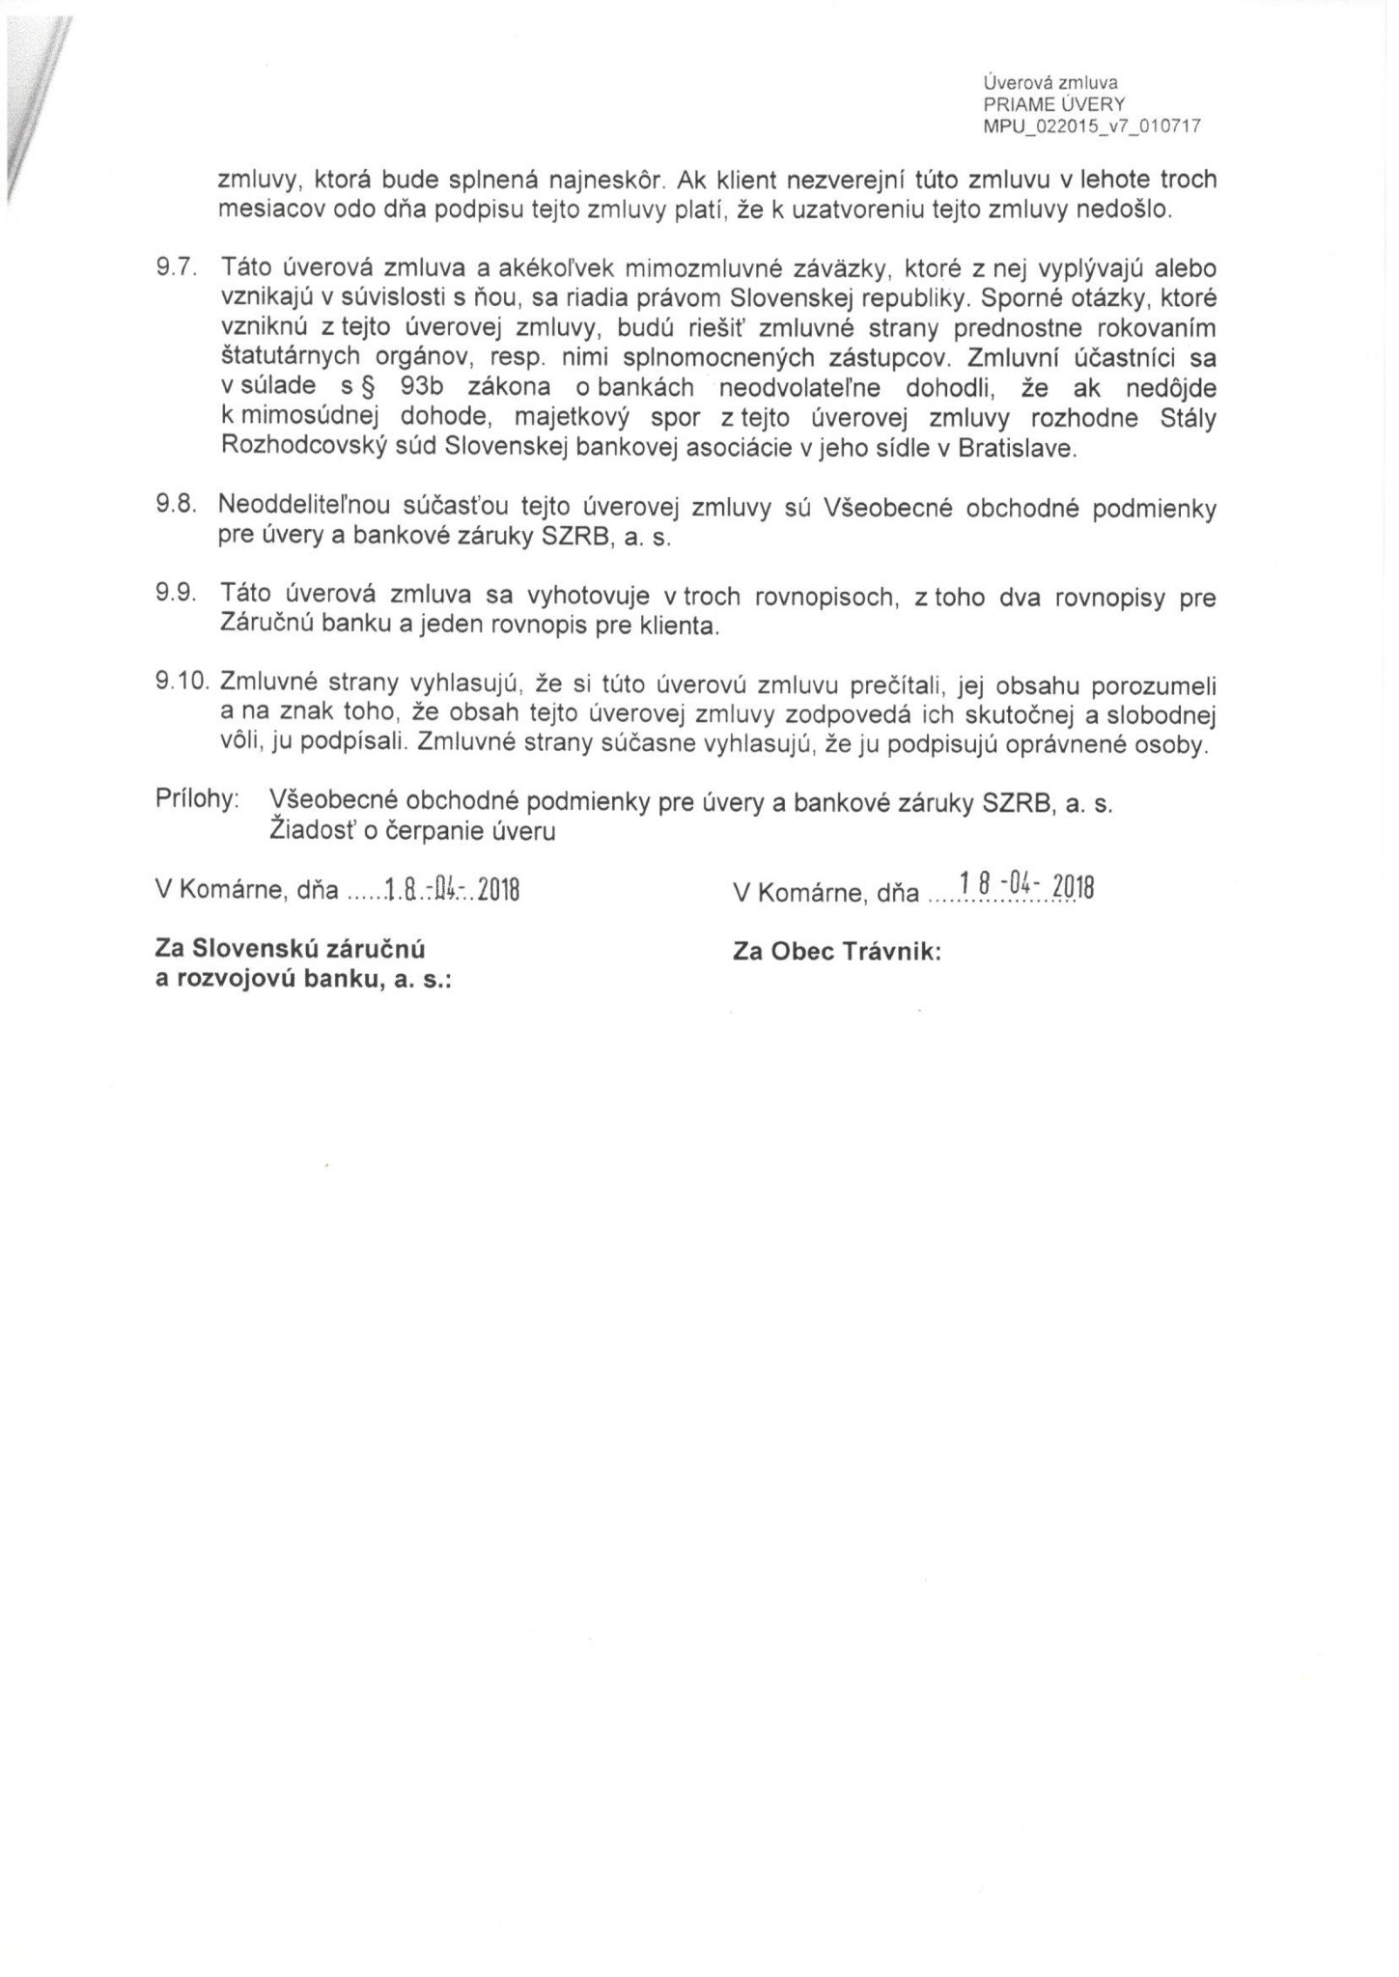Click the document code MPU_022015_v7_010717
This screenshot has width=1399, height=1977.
(1091, 125)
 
